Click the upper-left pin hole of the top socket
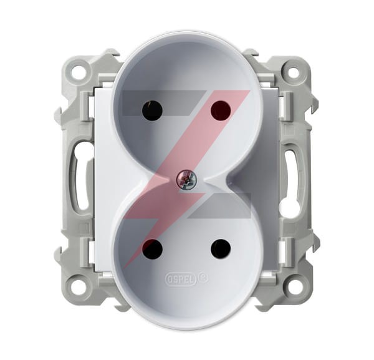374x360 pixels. click(152, 110)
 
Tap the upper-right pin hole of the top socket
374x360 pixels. click(221, 110)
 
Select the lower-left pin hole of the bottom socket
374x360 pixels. click(152, 248)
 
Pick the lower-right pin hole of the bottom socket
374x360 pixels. click(221, 248)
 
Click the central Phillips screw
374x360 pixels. click(186, 179)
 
